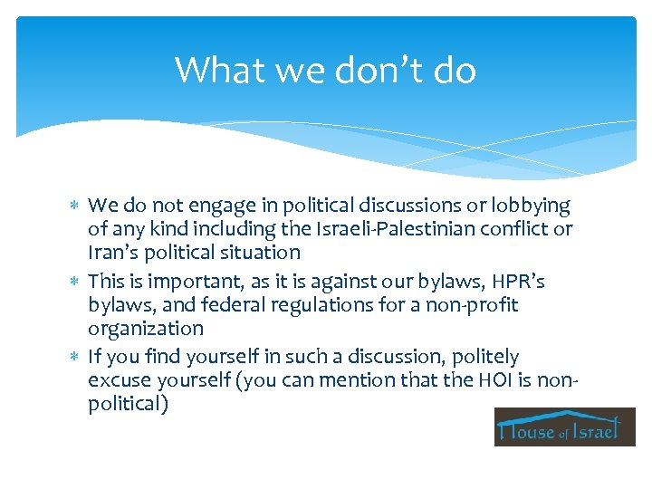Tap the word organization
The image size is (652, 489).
[x=146, y=329]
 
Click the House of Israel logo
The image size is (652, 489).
[x=564, y=427]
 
